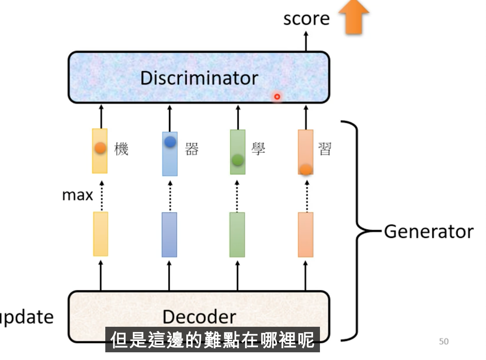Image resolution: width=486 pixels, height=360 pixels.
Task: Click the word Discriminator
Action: pyautogui.click(x=199, y=78)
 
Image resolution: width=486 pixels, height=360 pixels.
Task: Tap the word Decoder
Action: pyautogui.click(x=199, y=316)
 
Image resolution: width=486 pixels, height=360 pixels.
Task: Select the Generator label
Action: pyautogui.click(x=429, y=231)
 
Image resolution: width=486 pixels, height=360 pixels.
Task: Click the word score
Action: pyautogui.click(x=306, y=19)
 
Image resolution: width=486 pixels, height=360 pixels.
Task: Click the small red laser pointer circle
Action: pyautogui.click(x=277, y=96)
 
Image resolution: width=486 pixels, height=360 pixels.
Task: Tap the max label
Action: pyautogui.click(x=78, y=195)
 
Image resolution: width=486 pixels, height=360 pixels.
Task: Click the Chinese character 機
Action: pyautogui.click(x=121, y=149)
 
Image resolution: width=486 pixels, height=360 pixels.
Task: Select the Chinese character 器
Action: pyautogui.click(x=192, y=149)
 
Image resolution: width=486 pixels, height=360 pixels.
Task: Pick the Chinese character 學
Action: pyautogui.click(x=258, y=149)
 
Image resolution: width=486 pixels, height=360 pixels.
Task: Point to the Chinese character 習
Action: pyautogui.click(x=324, y=149)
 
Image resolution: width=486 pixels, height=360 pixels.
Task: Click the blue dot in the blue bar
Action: pyautogui.click(x=170, y=142)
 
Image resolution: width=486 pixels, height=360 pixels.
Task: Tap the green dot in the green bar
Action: pyautogui.click(x=237, y=160)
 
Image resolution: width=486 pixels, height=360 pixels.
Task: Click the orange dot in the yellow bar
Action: pyautogui.click(x=100, y=148)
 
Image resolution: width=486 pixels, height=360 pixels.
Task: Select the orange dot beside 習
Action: pyautogui.click(x=306, y=169)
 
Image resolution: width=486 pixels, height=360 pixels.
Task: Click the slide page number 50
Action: pyautogui.click(x=444, y=341)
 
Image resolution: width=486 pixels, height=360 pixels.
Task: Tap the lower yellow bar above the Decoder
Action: pyautogui.click(x=100, y=234)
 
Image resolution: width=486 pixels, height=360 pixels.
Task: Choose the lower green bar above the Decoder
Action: pyautogui.click(x=237, y=235)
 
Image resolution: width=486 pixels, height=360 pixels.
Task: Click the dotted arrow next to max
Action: pyautogui.click(x=102, y=196)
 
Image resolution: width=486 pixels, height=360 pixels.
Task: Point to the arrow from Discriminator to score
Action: pyautogui.click(x=306, y=41)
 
